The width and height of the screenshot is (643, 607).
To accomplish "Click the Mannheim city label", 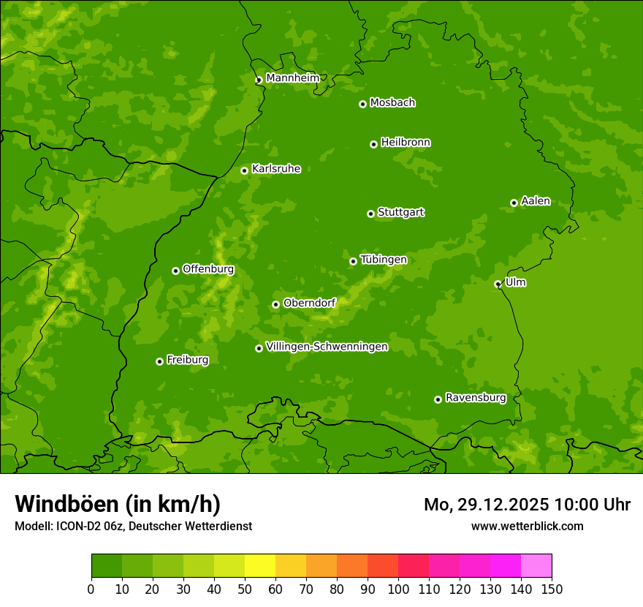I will (x=292, y=78).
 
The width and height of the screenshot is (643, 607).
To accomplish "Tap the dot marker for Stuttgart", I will (x=370, y=214).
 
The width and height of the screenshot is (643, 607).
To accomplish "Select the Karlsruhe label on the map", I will (x=275, y=169).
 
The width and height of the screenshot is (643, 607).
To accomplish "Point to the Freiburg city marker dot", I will (x=159, y=361).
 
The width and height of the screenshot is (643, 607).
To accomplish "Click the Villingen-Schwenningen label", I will (x=327, y=347).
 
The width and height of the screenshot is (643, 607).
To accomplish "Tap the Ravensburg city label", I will (x=475, y=398).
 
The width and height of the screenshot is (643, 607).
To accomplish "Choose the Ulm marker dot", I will (x=498, y=284).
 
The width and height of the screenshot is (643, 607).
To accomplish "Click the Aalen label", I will (x=535, y=201).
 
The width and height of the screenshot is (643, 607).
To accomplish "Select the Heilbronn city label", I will (x=406, y=143).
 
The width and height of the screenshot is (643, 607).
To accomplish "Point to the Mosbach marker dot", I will (x=362, y=104).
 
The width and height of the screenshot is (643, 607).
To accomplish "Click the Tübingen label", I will (x=383, y=260).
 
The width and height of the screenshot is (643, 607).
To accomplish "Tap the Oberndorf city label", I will (x=309, y=303).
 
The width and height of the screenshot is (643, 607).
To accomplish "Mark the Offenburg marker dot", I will (x=175, y=271).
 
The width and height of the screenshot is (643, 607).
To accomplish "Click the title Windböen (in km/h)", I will (x=117, y=504).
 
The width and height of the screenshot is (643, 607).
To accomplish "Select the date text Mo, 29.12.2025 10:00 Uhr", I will (x=527, y=505).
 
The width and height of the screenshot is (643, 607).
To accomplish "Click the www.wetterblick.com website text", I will (x=527, y=526).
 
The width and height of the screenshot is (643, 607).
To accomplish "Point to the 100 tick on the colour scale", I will (x=398, y=589).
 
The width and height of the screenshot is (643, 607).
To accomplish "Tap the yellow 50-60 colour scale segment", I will (x=260, y=566).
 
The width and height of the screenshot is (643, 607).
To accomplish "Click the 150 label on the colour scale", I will (x=552, y=589).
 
